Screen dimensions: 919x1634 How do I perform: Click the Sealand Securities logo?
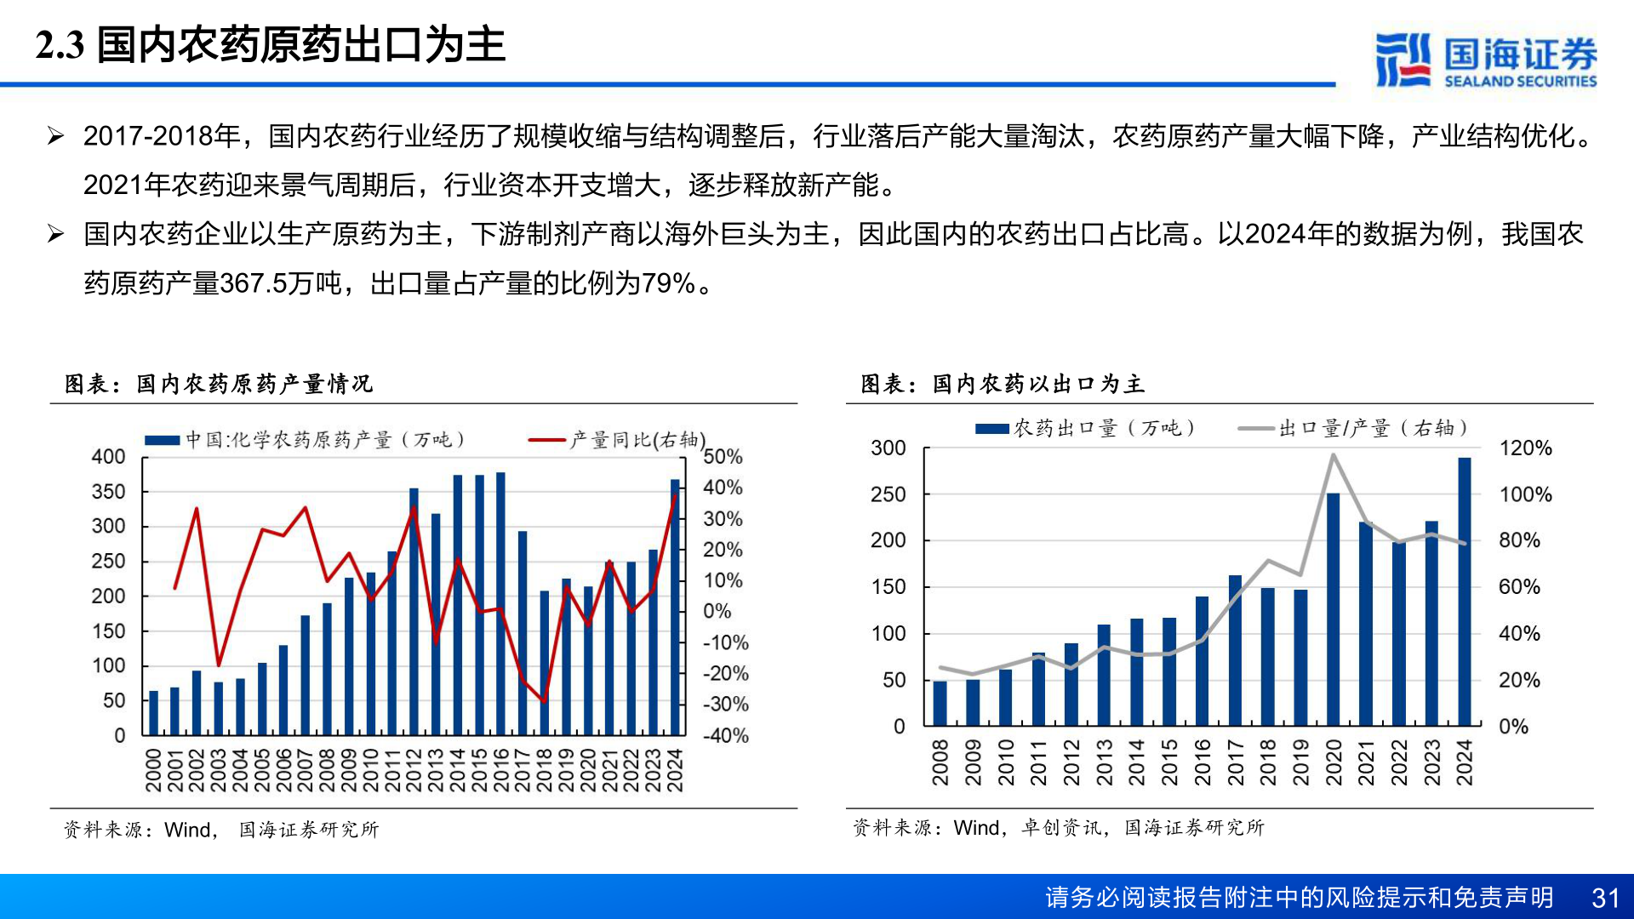click(x=1485, y=60)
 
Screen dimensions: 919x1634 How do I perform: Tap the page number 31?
click(x=1605, y=898)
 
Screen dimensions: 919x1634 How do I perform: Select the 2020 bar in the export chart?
click(x=1333, y=608)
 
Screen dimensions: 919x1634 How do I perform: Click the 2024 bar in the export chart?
click(x=1464, y=591)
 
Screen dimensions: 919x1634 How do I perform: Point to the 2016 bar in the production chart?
click(x=500, y=604)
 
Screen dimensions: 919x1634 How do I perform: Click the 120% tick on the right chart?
click(x=1525, y=448)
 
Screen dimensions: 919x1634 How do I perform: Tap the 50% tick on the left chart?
click(x=723, y=457)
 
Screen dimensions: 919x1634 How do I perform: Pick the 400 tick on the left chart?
click(x=108, y=457)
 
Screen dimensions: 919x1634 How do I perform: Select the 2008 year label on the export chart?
click(x=940, y=762)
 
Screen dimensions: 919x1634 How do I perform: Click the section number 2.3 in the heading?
click(x=60, y=45)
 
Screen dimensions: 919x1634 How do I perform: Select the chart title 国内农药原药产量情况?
click(x=254, y=384)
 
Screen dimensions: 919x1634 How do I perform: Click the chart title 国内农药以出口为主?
click(x=1037, y=384)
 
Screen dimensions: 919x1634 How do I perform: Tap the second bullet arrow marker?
click(x=55, y=234)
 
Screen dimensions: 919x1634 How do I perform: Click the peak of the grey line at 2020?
click(x=1333, y=455)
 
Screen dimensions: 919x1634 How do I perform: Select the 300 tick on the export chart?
click(x=888, y=448)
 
